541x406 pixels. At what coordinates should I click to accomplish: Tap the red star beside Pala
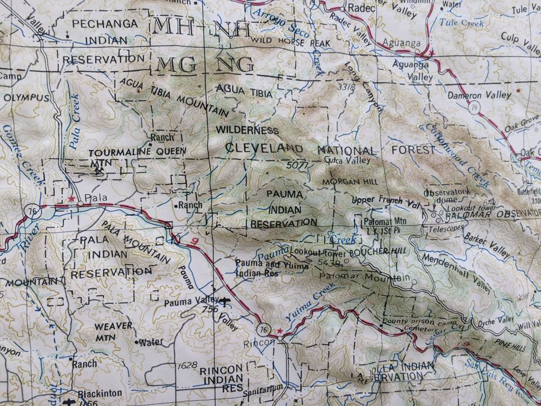(72, 198)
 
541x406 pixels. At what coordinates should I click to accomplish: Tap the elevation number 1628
(188, 365)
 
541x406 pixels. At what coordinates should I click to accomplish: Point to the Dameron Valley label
(480, 95)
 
